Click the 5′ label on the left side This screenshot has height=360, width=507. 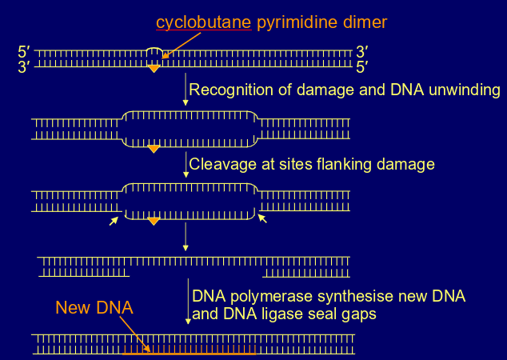pyautogui.click(x=24, y=53)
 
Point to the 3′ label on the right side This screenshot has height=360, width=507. pyautogui.click(x=361, y=53)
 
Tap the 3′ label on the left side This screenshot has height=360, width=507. pyautogui.click(x=24, y=67)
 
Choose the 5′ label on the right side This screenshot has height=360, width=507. pyautogui.click(x=361, y=67)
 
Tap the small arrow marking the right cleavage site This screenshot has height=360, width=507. pyautogui.click(x=261, y=218)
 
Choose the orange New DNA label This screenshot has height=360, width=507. pyautogui.click(x=94, y=307)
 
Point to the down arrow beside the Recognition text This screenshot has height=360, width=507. pyautogui.click(x=186, y=90)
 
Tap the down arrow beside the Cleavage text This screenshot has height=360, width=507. pyautogui.click(x=186, y=166)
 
